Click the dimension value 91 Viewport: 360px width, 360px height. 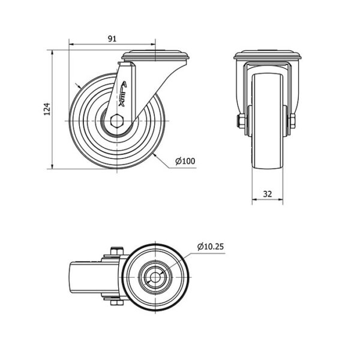(112, 39)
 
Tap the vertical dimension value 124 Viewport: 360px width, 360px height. (47, 109)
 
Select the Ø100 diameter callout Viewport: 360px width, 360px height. (185, 161)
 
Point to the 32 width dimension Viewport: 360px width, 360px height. (268, 194)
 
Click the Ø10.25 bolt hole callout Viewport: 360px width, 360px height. (211, 247)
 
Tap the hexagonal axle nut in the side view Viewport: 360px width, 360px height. (117, 121)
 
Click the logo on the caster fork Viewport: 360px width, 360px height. (122, 94)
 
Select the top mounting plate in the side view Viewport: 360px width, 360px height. (155, 56)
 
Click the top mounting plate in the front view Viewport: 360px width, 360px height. (267, 56)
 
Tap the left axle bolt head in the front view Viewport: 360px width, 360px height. (240, 121)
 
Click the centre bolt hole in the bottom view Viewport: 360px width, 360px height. (155, 278)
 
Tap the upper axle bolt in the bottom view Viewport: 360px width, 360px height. (117, 251)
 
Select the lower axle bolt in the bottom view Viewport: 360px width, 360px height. (117, 302)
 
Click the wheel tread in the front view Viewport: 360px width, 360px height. (268, 121)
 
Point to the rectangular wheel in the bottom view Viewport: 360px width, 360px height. (94, 277)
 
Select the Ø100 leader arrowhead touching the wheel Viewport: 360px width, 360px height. (155, 155)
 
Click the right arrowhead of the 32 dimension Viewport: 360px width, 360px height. (281, 200)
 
